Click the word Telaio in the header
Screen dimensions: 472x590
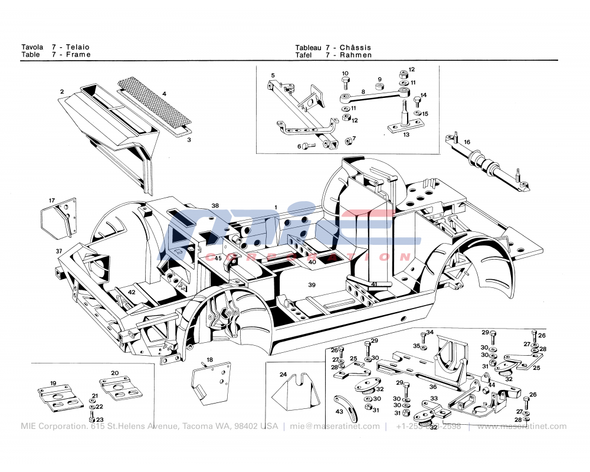click(78, 47)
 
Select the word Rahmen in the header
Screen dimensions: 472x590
click(356, 55)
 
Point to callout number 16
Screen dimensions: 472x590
click(467, 142)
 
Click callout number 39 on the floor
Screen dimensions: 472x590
click(312, 285)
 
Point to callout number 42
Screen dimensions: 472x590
click(132, 292)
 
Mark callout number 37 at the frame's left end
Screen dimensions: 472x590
click(59, 252)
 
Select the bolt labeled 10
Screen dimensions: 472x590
click(345, 81)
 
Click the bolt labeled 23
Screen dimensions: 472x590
click(93, 419)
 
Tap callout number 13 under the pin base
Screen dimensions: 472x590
click(406, 135)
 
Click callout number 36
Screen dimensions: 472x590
click(432, 387)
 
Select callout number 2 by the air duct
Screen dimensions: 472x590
click(61, 92)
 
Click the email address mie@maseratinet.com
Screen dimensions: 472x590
click(335, 427)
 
